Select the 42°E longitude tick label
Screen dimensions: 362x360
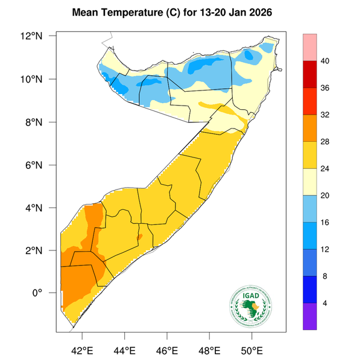82,349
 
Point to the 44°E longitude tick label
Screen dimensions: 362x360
124,349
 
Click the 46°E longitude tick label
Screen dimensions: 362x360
166,349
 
